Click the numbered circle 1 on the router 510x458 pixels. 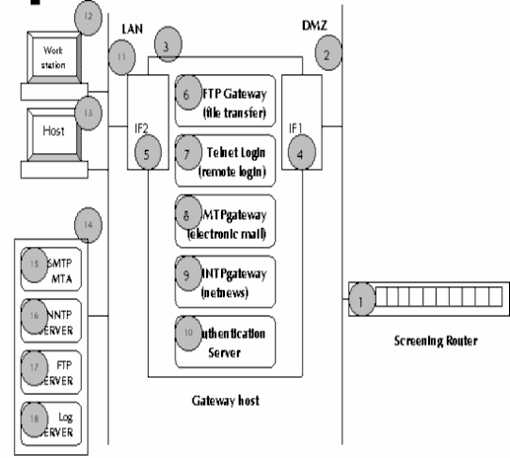[x=362, y=295]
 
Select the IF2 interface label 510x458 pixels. [x=142, y=128]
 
